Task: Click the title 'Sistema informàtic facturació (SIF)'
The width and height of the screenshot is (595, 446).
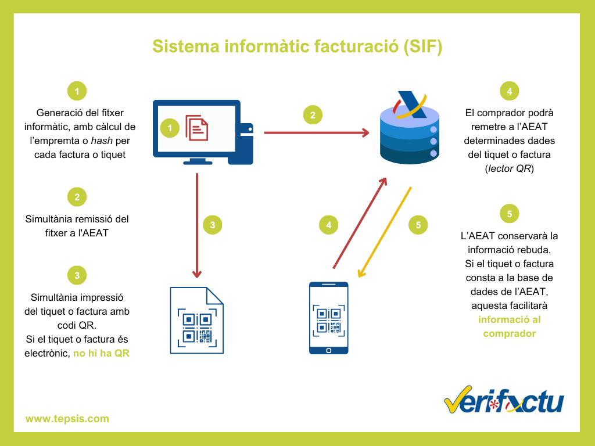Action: [x=297, y=46]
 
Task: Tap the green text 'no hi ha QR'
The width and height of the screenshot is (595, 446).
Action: [x=101, y=353]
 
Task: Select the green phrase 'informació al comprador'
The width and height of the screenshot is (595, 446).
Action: [x=509, y=326]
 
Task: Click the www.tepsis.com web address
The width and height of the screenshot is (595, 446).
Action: [x=67, y=418]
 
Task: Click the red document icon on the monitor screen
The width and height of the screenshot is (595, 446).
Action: [x=196, y=127]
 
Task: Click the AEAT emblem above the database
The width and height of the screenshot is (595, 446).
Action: [x=410, y=105]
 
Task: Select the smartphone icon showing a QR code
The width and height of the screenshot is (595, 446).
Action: [x=328, y=318]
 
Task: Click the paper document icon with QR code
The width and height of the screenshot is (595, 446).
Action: [x=196, y=320]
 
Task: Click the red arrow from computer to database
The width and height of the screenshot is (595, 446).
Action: [x=317, y=133]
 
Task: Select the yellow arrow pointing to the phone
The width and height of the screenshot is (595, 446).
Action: [x=385, y=232]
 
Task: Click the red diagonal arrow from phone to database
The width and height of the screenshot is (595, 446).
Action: [x=360, y=223]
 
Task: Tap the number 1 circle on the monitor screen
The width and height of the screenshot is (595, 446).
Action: [x=170, y=127]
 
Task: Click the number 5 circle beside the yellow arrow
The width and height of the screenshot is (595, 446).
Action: [x=418, y=225]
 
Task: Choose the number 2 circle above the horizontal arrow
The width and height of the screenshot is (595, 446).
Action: [x=313, y=115]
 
